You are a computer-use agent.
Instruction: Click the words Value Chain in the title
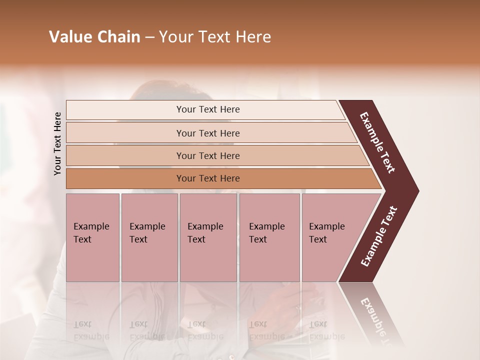click(x=94, y=37)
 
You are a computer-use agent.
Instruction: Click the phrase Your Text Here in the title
click(x=215, y=37)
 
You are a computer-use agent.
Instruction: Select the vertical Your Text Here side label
click(x=57, y=143)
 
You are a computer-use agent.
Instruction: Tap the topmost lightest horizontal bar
click(x=207, y=109)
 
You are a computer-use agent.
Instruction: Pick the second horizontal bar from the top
click(x=207, y=133)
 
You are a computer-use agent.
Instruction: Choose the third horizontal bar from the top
click(x=207, y=155)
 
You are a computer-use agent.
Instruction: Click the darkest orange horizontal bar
click(x=207, y=178)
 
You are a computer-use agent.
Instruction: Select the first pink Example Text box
click(x=92, y=237)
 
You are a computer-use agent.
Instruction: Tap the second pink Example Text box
click(x=149, y=237)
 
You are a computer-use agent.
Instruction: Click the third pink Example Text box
click(x=208, y=237)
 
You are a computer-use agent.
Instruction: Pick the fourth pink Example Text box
click(x=269, y=237)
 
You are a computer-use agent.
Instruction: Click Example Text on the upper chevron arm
click(x=378, y=142)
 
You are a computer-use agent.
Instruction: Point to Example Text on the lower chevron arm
click(x=379, y=236)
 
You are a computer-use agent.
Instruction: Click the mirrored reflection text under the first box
click(x=91, y=330)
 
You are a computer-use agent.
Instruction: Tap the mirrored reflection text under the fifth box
click(x=326, y=330)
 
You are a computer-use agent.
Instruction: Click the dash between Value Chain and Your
click(x=149, y=37)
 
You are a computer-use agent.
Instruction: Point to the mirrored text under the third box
click(x=205, y=330)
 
